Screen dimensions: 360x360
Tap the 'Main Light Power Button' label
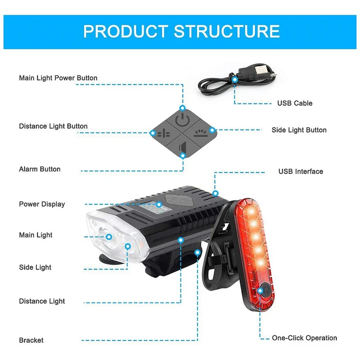(58, 78)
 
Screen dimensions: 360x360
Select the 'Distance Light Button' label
(53, 126)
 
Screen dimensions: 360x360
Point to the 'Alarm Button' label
(40, 169)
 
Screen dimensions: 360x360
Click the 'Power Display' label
(42, 204)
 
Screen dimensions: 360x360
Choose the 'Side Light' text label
(35, 267)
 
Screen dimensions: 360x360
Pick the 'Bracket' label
(31, 340)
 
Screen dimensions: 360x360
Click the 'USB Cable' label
(294, 103)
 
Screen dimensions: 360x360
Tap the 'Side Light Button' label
(299, 130)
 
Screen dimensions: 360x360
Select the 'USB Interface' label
(301, 171)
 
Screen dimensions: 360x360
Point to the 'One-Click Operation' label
(304, 338)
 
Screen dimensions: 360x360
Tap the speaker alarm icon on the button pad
(183, 147)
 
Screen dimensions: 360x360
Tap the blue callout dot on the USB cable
(234, 79)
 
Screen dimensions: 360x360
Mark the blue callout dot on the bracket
(198, 252)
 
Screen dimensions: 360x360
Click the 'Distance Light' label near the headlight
(42, 301)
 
